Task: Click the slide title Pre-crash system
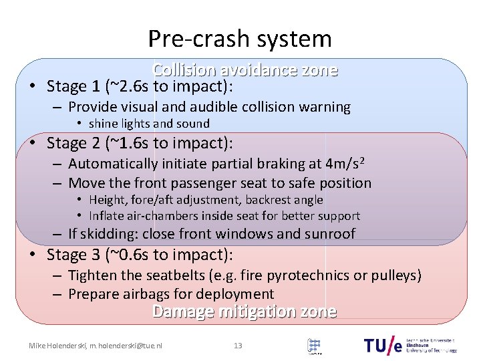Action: [240, 39]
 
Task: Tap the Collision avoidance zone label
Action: [245, 70]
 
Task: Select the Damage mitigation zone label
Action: [245, 312]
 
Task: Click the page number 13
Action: [238, 346]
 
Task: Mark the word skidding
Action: [110, 234]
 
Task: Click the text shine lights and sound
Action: [149, 124]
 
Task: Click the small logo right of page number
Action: [315, 346]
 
